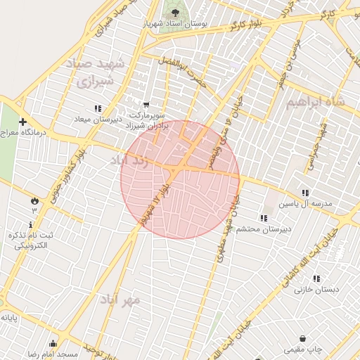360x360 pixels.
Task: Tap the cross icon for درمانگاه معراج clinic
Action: click(x=22, y=122)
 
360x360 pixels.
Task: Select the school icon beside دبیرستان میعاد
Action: click(x=97, y=109)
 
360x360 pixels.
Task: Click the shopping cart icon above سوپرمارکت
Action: click(x=146, y=104)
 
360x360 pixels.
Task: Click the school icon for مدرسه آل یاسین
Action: click(x=304, y=193)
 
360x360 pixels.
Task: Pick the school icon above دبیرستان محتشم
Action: click(x=263, y=218)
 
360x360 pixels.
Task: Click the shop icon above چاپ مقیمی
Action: click(x=302, y=338)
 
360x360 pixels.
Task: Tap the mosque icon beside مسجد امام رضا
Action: click(x=53, y=343)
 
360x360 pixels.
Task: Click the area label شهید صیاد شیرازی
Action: click(x=95, y=72)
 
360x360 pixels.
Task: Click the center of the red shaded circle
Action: click(x=181, y=179)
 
